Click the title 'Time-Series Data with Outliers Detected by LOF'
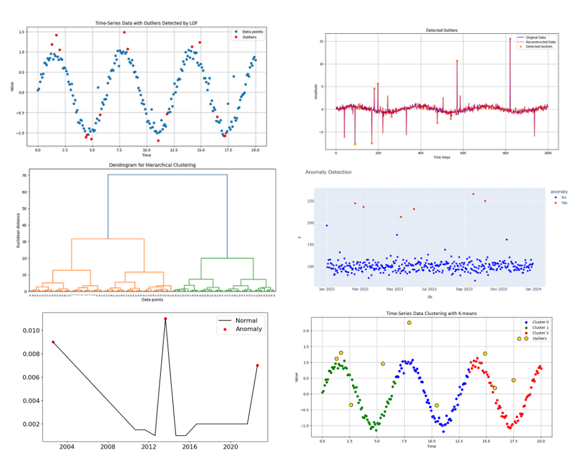[x=147, y=23]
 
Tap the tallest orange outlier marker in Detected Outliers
[x=510, y=39]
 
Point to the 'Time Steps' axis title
[x=442, y=158]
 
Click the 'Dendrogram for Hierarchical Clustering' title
[x=152, y=165]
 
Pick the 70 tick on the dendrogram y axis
[x=25, y=176]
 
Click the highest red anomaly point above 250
[x=473, y=194]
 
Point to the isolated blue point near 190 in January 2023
[x=326, y=225]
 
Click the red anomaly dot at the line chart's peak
[x=165, y=319]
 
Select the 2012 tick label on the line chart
[x=149, y=446]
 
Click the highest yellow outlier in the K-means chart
[x=409, y=323]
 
